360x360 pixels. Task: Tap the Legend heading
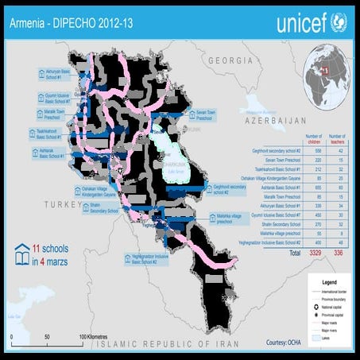(323, 282)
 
